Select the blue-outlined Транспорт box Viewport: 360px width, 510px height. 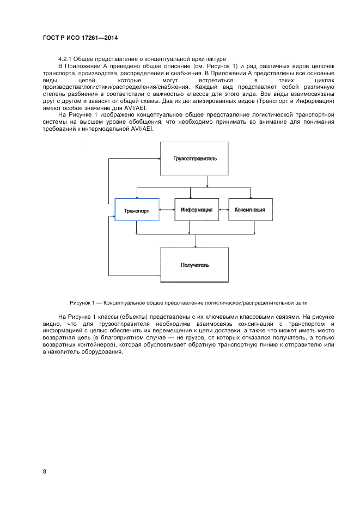point(137,210)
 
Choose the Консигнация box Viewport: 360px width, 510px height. point(250,209)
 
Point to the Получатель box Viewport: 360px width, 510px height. point(194,265)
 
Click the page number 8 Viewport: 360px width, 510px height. point(44,471)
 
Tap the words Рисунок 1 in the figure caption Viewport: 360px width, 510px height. point(82,302)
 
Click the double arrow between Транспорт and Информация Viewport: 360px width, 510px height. point(167,209)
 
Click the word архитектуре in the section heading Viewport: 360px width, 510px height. point(206,59)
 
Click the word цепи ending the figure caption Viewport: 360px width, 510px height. point(308,302)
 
